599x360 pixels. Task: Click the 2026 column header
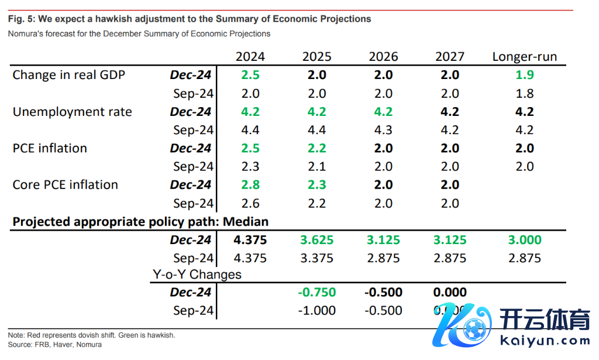[x=383, y=57]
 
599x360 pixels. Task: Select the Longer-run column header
[x=525, y=57]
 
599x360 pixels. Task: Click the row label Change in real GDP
[x=68, y=75]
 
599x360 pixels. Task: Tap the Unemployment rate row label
[x=72, y=112]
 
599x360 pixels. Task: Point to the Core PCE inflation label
[x=65, y=185]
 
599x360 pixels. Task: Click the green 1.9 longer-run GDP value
[x=525, y=75]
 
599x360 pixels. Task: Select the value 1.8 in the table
[x=525, y=94]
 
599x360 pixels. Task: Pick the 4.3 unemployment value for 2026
[x=383, y=130]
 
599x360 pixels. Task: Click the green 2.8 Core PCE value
[x=250, y=185]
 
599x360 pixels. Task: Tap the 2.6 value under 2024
[x=250, y=204]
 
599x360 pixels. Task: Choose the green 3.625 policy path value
[x=316, y=240]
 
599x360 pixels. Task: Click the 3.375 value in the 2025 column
[x=316, y=258]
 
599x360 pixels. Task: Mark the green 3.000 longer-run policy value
[x=525, y=240]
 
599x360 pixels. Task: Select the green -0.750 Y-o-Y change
[x=316, y=293]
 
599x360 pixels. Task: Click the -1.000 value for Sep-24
[x=316, y=311]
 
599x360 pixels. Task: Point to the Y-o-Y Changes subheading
[x=197, y=275]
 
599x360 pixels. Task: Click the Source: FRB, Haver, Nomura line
[x=55, y=345]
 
